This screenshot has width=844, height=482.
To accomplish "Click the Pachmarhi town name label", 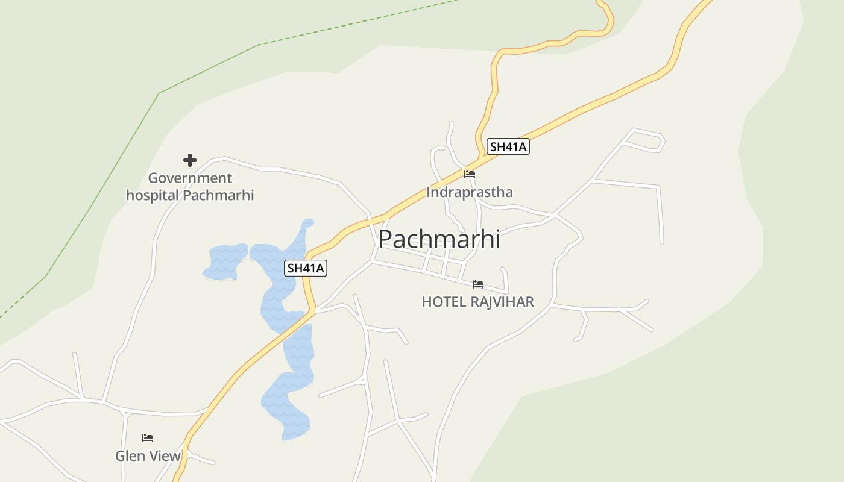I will pos(439,239).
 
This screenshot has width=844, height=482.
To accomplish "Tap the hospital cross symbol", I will pos(190,160).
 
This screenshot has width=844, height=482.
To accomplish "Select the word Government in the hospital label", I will pos(190,178).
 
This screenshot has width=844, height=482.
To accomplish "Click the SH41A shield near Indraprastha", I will pos(508,146).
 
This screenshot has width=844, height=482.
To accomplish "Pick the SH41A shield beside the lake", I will pos(306,268).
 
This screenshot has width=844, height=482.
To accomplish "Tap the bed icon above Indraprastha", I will pos(470,174).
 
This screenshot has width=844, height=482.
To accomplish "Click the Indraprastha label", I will pos(470,192).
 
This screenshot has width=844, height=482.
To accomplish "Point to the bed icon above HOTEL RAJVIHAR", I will pos(478,284).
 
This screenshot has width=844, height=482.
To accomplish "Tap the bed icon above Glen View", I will pos(148,437).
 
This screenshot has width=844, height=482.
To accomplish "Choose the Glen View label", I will pos(148,455).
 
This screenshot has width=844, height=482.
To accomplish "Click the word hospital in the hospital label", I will pos(153,195).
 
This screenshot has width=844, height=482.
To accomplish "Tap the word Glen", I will pos(131,455).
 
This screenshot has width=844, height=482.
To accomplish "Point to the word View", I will pos(165,455).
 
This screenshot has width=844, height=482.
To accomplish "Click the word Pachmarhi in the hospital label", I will pos(218,195).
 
